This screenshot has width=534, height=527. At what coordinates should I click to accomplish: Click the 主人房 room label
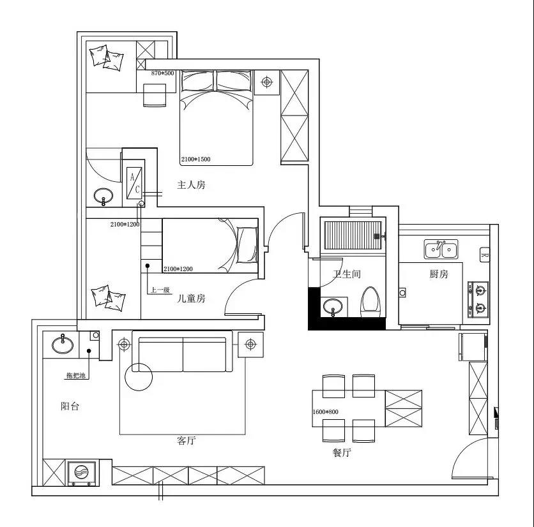coord(191,185)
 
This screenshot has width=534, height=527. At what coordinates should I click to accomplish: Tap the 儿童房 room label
coord(191,299)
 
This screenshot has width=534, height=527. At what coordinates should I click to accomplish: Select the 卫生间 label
coord(347,274)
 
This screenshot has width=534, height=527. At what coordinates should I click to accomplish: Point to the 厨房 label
coord(439,274)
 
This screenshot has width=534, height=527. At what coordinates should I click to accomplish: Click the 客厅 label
coord(187,441)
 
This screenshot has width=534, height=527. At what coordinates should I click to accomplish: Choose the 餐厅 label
coord(342,452)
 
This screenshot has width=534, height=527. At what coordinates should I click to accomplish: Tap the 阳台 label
coord(70,406)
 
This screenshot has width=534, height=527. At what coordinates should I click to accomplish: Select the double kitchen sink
coord(441,249)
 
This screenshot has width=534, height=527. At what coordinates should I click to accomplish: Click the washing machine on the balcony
coord(81,473)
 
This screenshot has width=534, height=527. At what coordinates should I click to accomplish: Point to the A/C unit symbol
coord(134,183)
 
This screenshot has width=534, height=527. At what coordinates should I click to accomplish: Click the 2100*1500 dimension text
coord(196,160)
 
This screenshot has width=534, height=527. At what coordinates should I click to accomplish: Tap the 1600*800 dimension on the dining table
coord(326,412)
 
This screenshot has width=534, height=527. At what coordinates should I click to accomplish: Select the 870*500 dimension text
coord(162,73)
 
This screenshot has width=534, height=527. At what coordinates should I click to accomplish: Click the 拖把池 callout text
coord(76,376)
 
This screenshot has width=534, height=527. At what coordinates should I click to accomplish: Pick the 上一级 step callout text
coord(160,290)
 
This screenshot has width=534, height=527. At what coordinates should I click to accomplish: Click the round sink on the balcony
coord(63,345)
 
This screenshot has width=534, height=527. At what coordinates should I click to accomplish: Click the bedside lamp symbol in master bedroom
coord(266,82)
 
